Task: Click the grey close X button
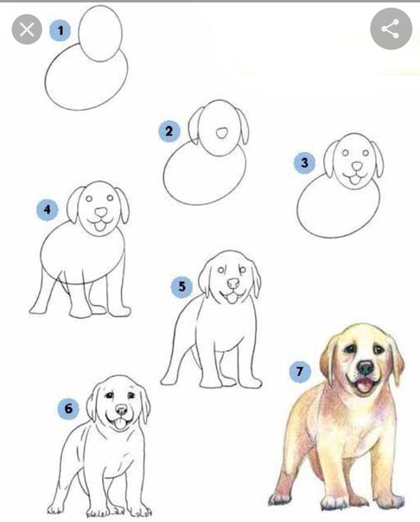point(27,29)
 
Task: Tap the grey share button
point(391,29)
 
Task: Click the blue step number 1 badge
point(60,31)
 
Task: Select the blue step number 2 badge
point(169,131)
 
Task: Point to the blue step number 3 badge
point(304,162)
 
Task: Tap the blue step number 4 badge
point(48,210)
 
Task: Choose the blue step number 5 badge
point(181,287)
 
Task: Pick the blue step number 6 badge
point(68,409)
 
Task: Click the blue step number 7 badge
point(300,372)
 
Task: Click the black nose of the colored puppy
point(366,368)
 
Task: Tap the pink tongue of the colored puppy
point(364,385)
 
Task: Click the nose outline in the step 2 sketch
point(221,133)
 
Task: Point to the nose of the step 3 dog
point(357,166)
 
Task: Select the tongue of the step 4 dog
point(99,226)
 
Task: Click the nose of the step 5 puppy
point(233,283)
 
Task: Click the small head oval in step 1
point(100,34)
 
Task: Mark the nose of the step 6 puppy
point(121,410)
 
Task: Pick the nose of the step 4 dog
point(101,212)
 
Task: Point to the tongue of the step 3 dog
point(355,180)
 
